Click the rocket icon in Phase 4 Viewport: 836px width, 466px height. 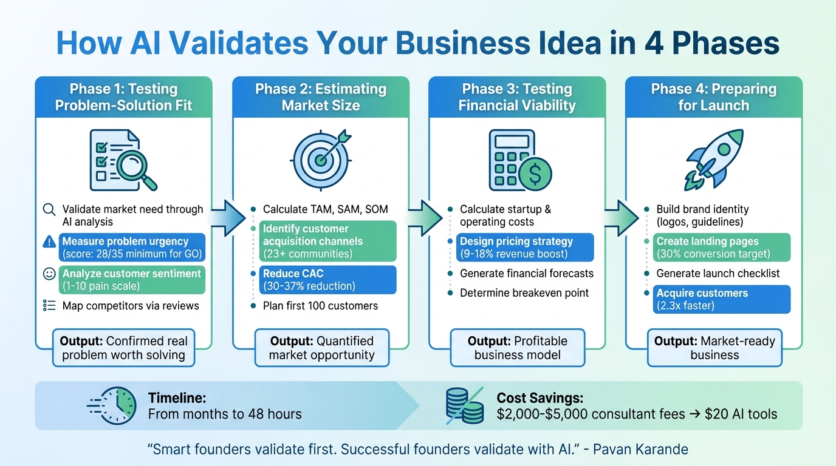click(x=714, y=159)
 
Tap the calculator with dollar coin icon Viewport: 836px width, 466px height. click(x=520, y=160)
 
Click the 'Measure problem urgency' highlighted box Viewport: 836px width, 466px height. click(x=132, y=248)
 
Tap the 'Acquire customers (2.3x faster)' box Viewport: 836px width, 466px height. click(x=722, y=299)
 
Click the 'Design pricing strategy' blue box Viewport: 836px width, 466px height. click(x=524, y=248)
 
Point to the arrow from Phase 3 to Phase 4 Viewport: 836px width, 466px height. click(x=620, y=217)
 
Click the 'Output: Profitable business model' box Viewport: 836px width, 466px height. click(x=517, y=348)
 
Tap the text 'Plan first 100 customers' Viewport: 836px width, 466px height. click(x=320, y=305)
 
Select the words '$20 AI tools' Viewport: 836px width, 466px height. click(x=741, y=414)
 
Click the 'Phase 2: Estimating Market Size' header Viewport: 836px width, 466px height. click(x=321, y=97)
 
